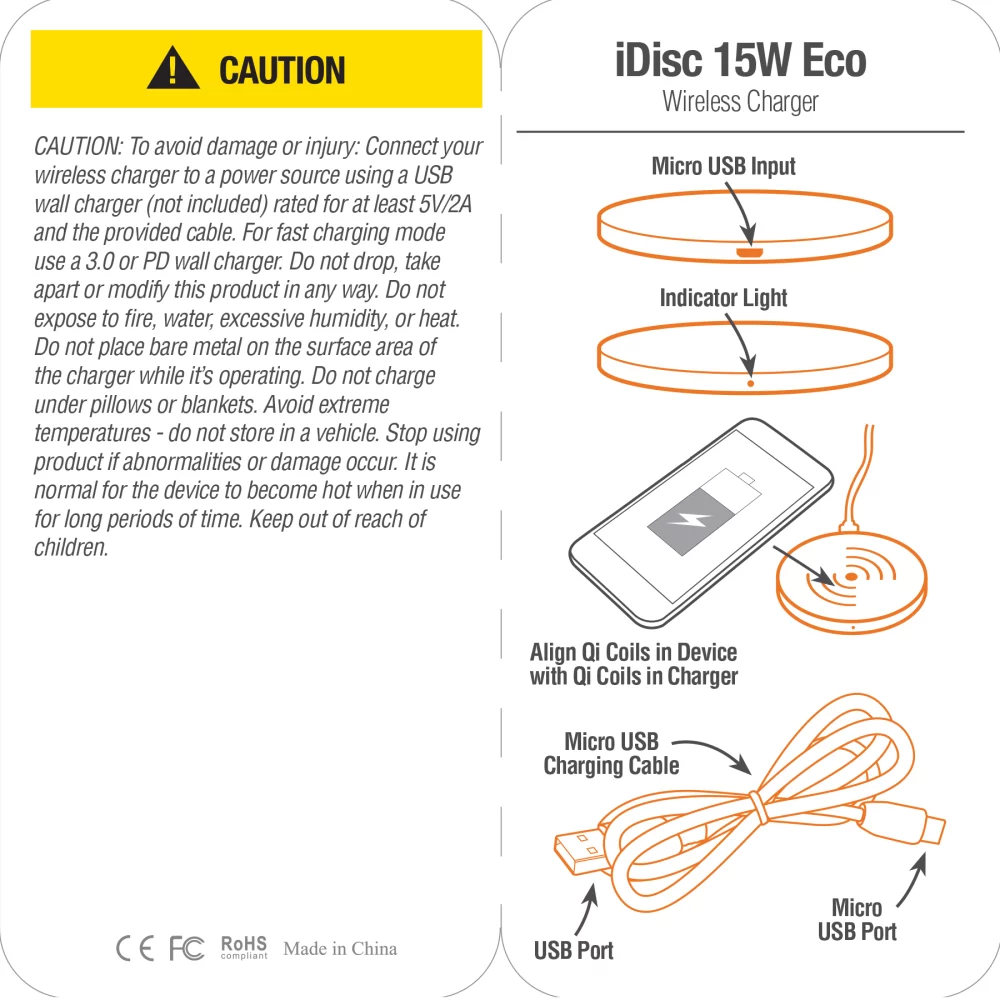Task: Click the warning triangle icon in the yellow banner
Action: (173, 70)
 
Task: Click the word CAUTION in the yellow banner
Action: (282, 71)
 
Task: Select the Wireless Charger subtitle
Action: (740, 102)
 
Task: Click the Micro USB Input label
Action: (723, 166)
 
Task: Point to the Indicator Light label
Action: (723, 298)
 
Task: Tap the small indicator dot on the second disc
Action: (751, 381)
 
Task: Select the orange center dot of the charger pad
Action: (850, 577)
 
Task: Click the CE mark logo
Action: (135, 948)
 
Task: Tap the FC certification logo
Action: (187, 948)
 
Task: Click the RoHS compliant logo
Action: (244, 947)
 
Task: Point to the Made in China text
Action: (340, 948)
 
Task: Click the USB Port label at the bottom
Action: (573, 950)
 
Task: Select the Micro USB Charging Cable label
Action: (611, 754)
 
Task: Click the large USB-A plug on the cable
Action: (577, 853)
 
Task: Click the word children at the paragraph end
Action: (70, 548)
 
